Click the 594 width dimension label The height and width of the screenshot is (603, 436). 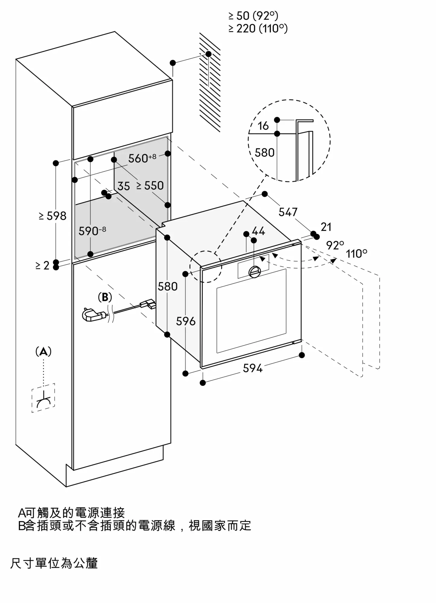click(253, 368)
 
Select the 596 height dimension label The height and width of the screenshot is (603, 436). click(186, 321)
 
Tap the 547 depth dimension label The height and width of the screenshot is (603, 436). click(288, 212)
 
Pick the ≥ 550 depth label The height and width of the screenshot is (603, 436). click(150, 186)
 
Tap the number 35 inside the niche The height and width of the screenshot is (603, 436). click(124, 186)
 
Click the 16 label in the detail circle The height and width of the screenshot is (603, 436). click(263, 126)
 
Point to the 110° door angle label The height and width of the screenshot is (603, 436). click(356, 254)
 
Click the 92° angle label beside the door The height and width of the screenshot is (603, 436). click(335, 245)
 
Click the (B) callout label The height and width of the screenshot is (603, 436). click(105, 297)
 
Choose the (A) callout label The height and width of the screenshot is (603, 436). click(43, 352)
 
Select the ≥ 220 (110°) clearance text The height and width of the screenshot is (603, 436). click(258, 29)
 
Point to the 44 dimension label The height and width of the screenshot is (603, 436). click(258, 231)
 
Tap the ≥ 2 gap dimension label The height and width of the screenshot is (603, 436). click(42, 265)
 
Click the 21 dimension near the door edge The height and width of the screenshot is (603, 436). click(326, 227)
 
